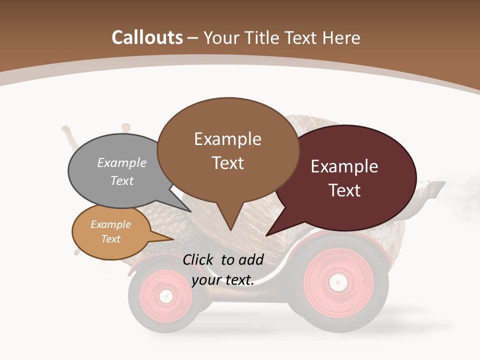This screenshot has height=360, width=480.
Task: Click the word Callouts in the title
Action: point(147,38)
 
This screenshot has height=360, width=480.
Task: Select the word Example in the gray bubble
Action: point(122,163)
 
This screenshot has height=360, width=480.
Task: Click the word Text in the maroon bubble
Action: point(345,190)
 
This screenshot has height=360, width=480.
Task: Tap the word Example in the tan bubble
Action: point(111,224)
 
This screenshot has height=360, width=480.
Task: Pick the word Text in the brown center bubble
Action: point(228,163)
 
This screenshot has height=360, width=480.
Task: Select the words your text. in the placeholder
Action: point(223,280)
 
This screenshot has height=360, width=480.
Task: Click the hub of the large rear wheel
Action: point(337,282)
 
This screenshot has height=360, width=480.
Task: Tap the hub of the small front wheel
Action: point(165,296)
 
